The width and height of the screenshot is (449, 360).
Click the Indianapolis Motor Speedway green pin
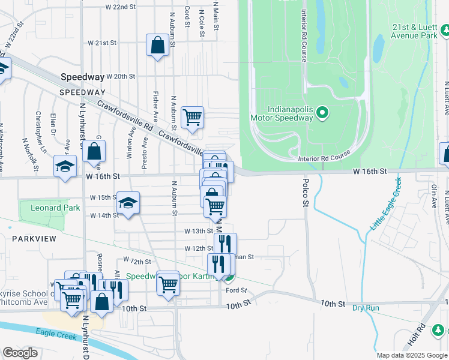(322, 113)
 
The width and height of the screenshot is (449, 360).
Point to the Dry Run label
(366, 308)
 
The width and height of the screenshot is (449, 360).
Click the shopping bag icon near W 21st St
(157, 46)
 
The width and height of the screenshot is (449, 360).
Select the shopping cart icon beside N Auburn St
(192, 118)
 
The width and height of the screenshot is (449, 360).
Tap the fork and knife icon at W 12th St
(225, 244)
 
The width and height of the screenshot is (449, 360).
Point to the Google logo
(20, 353)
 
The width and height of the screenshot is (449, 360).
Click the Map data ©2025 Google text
(411, 355)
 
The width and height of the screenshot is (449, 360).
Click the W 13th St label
(199, 231)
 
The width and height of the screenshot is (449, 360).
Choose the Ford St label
(237, 290)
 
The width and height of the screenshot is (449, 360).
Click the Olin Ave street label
(433, 196)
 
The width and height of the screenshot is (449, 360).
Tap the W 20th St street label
(121, 77)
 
